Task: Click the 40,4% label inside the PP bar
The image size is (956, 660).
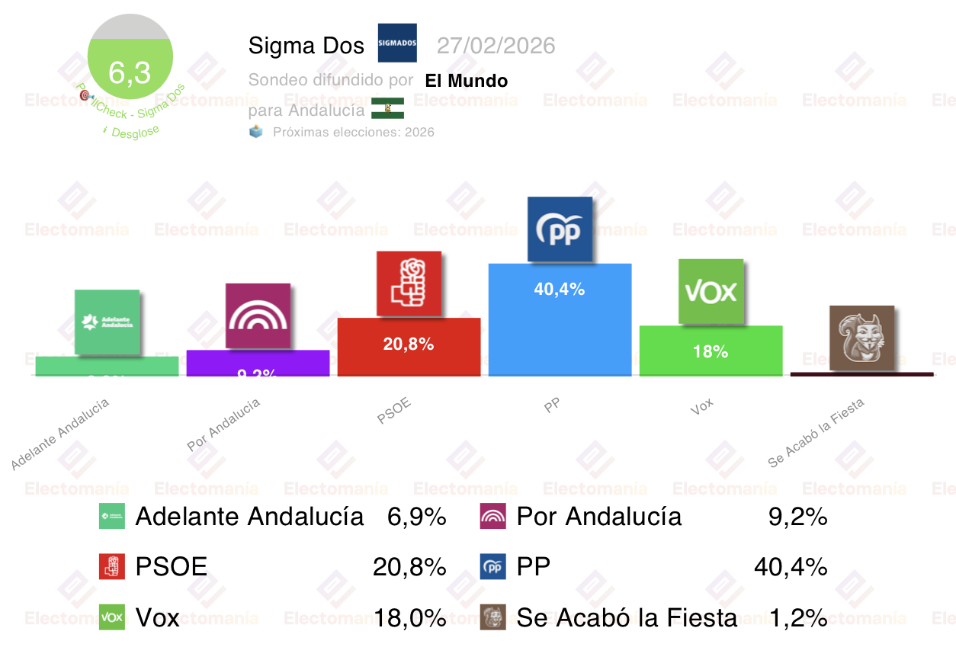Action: (x=560, y=290)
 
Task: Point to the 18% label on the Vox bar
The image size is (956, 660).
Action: (x=711, y=351)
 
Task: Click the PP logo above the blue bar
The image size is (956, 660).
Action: (x=560, y=229)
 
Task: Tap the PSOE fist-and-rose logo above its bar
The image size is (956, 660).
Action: (x=409, y=283)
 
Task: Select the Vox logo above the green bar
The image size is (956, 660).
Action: (x=711, y=291)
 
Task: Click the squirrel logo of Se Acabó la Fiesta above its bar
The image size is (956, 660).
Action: (x=861, y=338)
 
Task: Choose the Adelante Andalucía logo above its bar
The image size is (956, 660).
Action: (x=107, y=322)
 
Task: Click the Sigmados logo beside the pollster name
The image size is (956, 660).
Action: (x=397, y=43)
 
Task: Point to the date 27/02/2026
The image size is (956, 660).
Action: (x=496, y=46)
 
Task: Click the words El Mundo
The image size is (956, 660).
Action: (x=467, y=81)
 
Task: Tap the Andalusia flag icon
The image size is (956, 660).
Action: (x=387, y=108)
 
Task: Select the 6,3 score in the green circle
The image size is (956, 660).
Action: (x=130, y=73)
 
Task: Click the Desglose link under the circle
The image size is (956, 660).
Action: (x=135, y=132)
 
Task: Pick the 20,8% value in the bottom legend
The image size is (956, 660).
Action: (x=409, y=567)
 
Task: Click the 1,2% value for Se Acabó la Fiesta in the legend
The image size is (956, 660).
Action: (x=797, y=617)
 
